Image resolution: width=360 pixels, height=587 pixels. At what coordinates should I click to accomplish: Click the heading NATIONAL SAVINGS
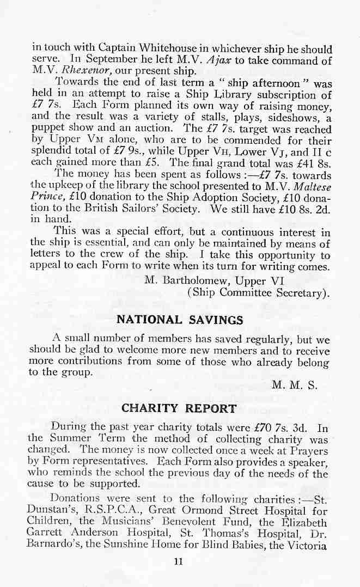pos(180,320)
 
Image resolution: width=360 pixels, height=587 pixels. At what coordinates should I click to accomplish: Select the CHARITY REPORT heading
pos(179,408)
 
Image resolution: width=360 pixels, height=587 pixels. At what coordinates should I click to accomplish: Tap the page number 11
pos(178,562)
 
